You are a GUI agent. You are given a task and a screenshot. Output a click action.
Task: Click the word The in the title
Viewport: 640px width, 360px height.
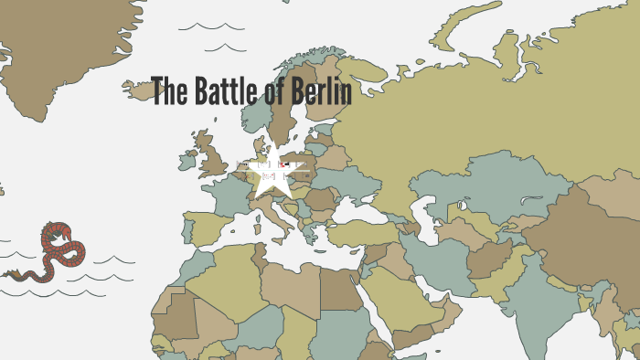pos(167,92)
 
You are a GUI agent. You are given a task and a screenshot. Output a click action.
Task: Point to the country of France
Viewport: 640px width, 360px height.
pos(228,196)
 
